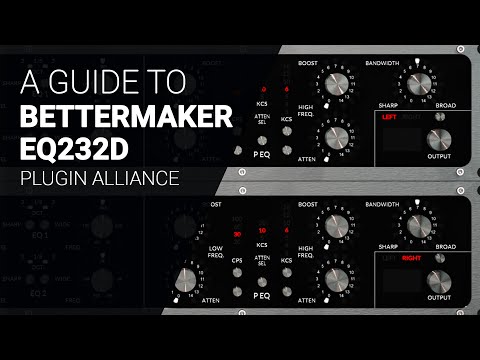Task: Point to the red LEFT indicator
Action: [x=388, y=117]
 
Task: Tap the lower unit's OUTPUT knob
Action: [x=434, y=281]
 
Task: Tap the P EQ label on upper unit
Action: [x=263, y=156]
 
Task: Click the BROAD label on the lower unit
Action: [x=446, y=246]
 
